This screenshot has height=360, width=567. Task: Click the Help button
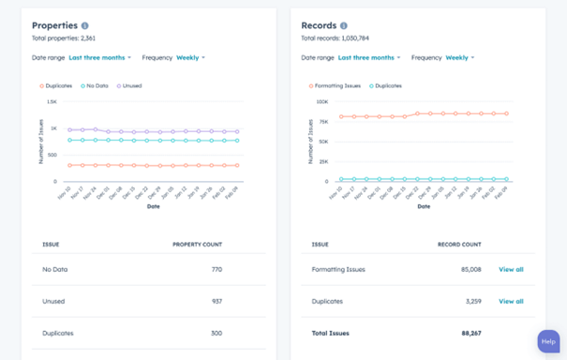548,341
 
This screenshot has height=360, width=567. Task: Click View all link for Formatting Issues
511,269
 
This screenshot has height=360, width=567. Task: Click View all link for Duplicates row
511,301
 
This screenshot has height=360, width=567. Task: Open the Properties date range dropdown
99,57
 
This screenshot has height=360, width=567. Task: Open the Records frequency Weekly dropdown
459,57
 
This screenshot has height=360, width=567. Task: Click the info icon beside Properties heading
85,26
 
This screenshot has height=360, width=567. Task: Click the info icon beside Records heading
344,26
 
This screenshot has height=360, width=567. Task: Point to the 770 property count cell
216,269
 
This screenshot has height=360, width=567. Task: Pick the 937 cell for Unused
216,301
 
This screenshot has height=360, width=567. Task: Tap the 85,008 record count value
470,269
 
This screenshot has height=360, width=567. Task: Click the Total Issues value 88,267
470,333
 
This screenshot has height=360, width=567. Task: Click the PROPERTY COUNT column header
197,244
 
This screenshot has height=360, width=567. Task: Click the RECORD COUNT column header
459,244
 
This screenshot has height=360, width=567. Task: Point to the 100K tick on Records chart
321,101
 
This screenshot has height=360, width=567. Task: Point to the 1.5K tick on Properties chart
52,101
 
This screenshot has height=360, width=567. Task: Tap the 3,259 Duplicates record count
472,301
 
